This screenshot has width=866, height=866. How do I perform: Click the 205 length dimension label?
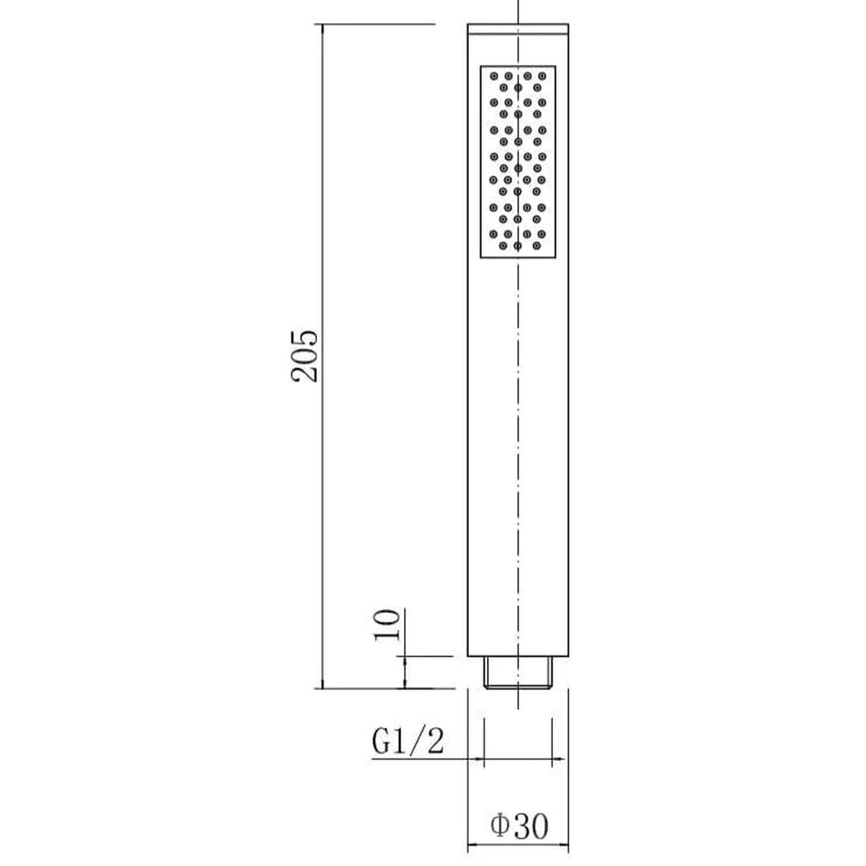click(304, 356)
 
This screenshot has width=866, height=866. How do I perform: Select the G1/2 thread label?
click(409, 741)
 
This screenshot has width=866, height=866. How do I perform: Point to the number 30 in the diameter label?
click(530, 826)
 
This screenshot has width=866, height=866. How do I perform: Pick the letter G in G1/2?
click(382, 741)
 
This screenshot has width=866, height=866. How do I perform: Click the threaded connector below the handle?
click(518, 672)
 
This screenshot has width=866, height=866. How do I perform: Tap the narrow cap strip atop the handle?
click(518, 29)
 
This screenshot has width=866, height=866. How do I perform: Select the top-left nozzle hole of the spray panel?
click(494, 76)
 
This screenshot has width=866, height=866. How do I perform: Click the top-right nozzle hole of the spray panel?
click(542, 76)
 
